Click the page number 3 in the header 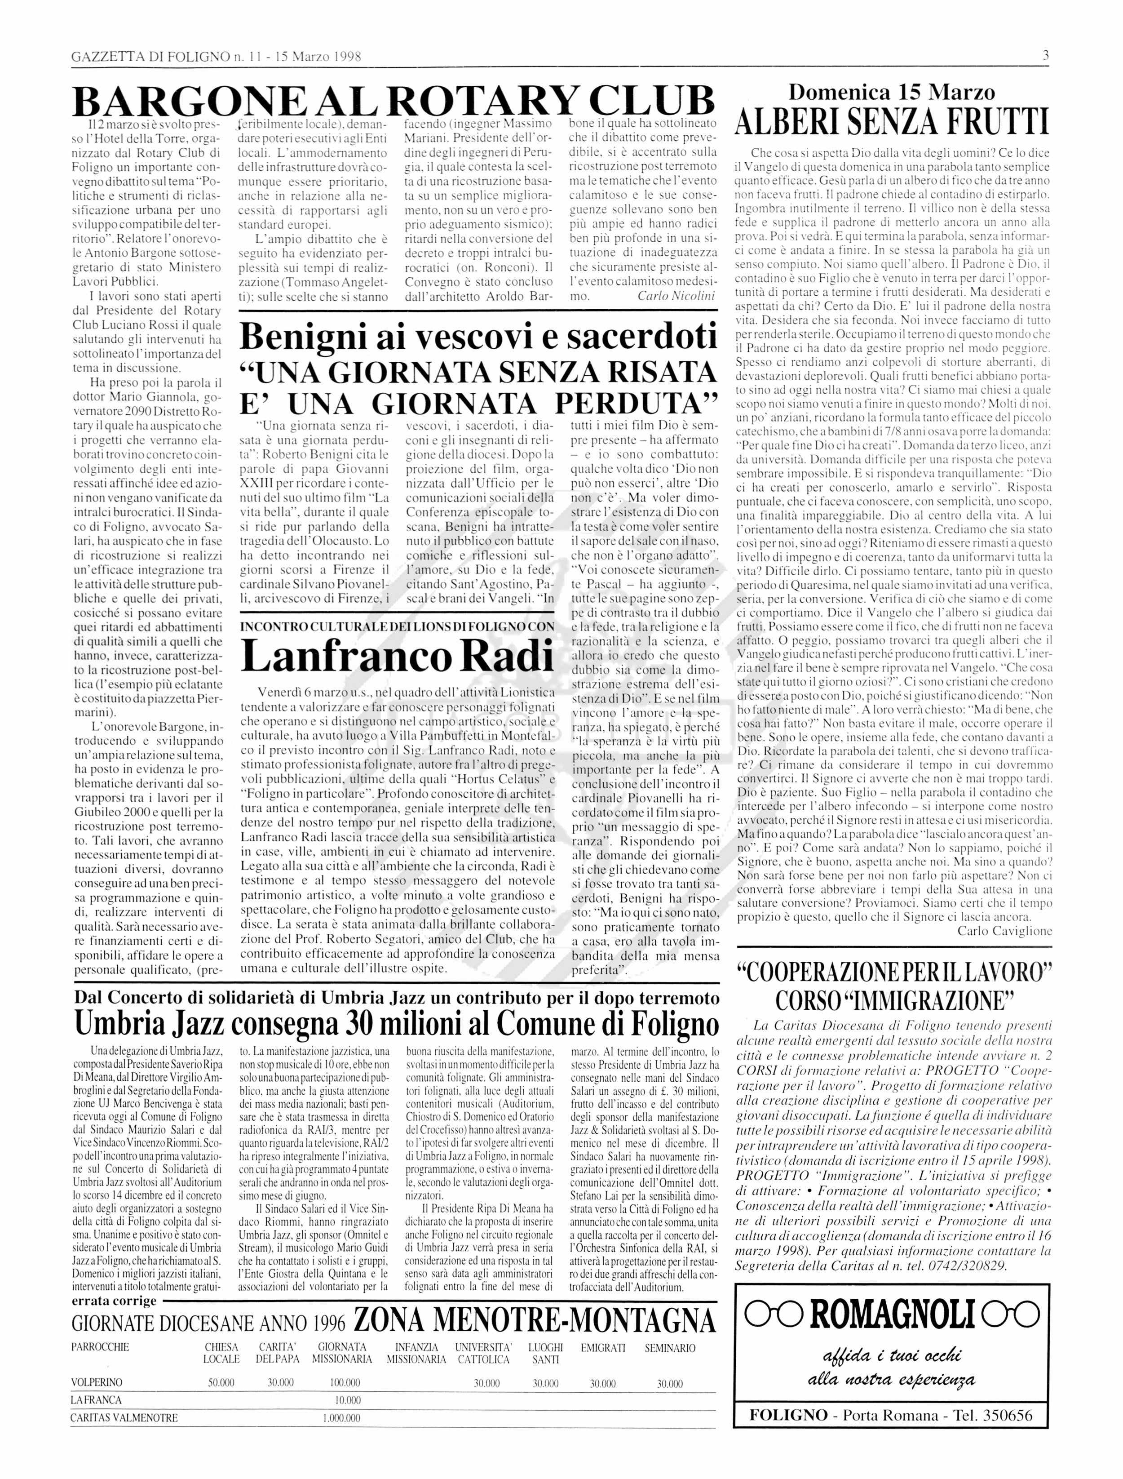point(1045,56)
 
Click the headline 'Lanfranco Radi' point(398,657)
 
